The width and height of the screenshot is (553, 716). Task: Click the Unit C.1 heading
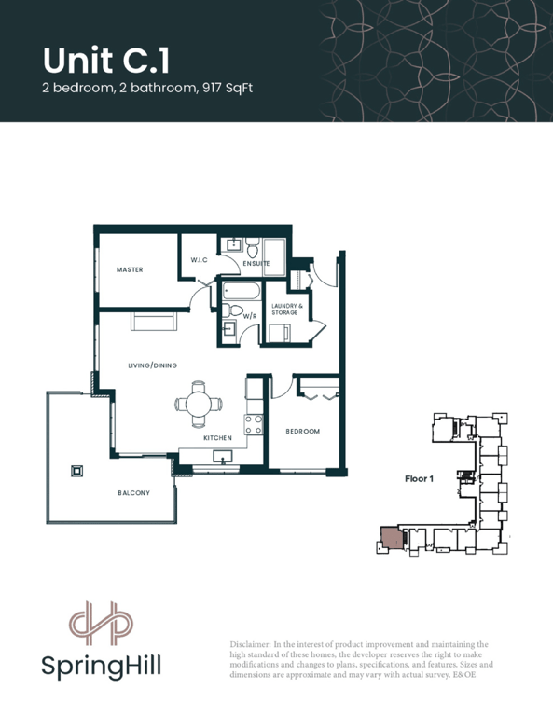point(106,61)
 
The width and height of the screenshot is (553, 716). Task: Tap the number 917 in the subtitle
point(212,88)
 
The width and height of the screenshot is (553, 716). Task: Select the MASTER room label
point(130,269)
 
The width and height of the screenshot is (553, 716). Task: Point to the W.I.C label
point(199,260)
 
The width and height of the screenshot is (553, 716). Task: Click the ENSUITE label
point(256,264)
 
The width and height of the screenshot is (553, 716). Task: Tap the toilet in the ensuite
point(252,247)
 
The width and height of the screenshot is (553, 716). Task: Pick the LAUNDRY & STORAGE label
point(284,310)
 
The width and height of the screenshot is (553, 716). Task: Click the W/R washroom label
point(250,316)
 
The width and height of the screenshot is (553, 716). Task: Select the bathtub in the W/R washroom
point(242,291)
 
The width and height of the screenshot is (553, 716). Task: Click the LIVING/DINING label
point(153,365)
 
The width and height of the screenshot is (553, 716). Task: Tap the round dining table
point(199,404)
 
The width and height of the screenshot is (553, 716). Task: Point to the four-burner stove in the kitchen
point(254,424)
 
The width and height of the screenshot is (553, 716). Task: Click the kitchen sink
point(223,456)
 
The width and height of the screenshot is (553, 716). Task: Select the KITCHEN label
point(218,438)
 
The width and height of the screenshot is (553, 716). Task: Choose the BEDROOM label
point(303,431)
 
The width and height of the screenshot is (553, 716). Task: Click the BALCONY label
point(133,493)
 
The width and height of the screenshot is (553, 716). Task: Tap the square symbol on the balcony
point(77,471)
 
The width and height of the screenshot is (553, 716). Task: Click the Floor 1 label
point(419,478)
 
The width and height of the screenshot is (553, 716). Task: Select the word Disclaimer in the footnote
point(250,644)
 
